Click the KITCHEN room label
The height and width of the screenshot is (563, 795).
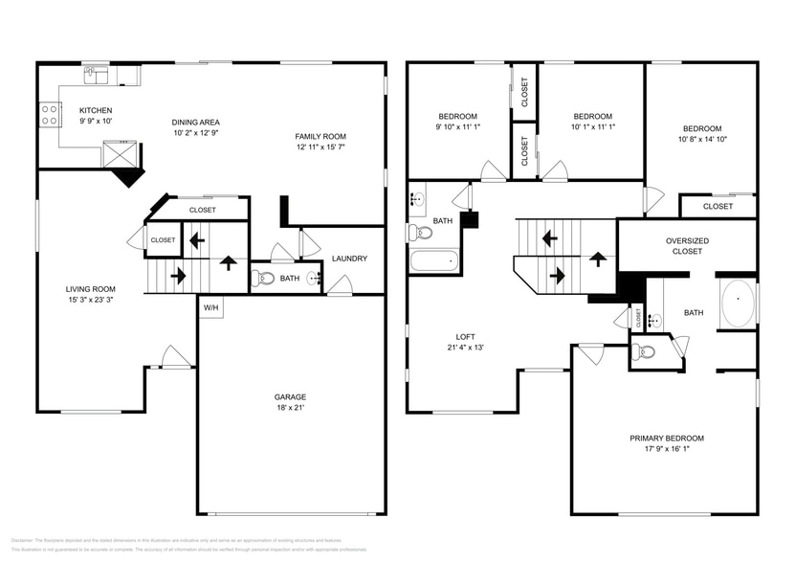95,110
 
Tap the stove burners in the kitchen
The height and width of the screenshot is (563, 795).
49,116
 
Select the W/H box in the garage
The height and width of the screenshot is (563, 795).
210,308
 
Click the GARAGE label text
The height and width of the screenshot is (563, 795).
290,396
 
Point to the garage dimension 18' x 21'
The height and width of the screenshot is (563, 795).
290,408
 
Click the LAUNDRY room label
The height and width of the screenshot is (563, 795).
349,259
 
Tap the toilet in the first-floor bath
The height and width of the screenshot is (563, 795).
263,279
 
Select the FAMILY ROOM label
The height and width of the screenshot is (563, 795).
320,137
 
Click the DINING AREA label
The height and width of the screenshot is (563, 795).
196,122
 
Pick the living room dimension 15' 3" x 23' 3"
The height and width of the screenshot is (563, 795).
90,301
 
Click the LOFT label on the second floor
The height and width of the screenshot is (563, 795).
465,336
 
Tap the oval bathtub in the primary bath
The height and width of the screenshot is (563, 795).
736,304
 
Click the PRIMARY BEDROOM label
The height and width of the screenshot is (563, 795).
666,438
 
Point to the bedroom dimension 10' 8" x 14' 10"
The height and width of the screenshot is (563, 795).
701,140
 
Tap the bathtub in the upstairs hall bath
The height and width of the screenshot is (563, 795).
435,261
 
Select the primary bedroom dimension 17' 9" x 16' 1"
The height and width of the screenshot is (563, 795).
666,449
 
